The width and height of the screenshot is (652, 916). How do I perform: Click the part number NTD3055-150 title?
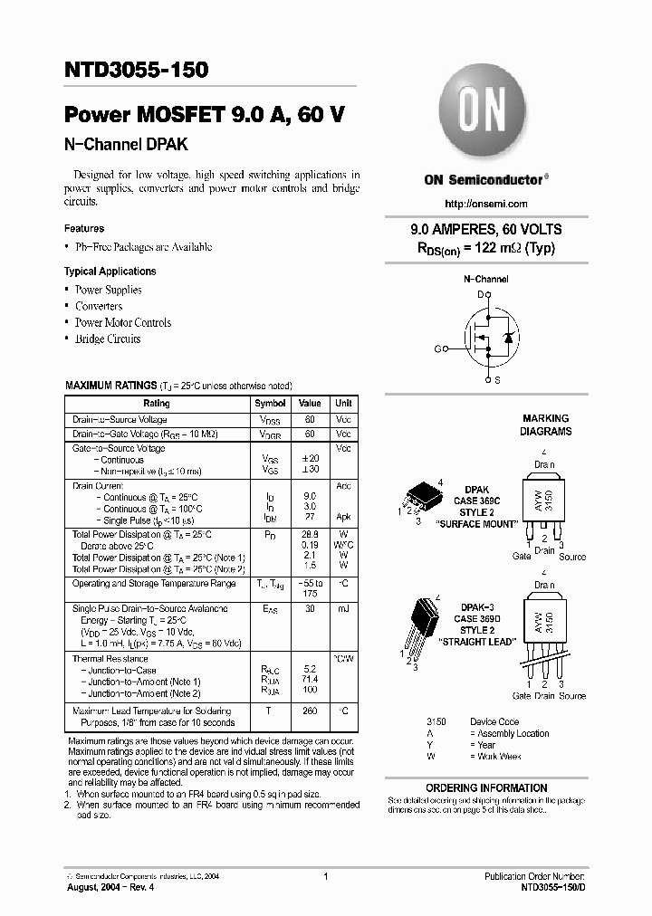(136, 70)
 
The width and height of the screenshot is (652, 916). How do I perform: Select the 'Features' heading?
(84, 229)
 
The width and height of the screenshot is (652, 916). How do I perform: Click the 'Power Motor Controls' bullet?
(122, 322)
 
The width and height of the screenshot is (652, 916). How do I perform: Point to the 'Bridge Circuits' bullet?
(108, 339)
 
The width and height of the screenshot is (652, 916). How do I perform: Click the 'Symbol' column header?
(270, 404)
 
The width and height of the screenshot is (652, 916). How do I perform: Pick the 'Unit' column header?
(344, 404)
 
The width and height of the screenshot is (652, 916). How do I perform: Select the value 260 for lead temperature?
(310, 711)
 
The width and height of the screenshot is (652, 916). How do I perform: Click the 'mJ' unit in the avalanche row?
(344, 609)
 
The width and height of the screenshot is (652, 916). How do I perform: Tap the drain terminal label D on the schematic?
(481, 295)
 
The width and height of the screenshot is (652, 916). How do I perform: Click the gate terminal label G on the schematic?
(437, 348)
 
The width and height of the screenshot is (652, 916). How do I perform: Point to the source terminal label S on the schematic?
(497, 380)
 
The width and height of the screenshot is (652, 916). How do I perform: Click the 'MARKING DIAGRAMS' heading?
(545, 425)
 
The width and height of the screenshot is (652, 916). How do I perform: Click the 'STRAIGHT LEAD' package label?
(476, 641)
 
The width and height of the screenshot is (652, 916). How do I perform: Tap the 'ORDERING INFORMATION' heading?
(486, 788)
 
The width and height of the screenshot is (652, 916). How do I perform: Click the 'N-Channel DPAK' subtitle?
(126, 145)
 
